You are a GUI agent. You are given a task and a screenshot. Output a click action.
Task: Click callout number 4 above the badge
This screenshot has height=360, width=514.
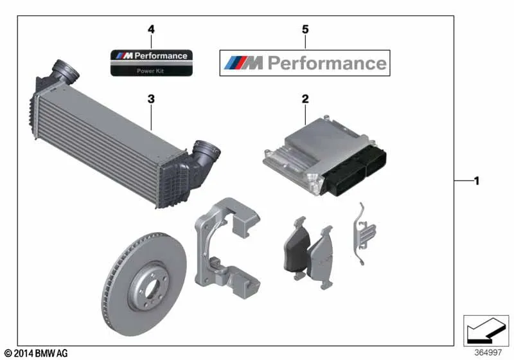pyautogui.click(x=151, y=29)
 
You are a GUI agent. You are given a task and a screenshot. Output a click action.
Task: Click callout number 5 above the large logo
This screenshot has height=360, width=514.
pyautogui.click(x=305, y=29)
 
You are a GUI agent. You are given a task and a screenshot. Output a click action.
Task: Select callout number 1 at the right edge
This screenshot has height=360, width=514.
pyautogui.click(x=476, y=181)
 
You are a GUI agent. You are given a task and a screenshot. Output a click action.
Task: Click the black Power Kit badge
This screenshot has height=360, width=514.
pyautogui.click(x=151, y=62)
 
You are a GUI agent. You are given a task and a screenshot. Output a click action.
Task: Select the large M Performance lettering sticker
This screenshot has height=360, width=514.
pyautogui.click(x=305, y=63)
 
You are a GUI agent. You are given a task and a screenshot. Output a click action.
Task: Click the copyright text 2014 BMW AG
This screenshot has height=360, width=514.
pyautogui.click(x=35, y=353)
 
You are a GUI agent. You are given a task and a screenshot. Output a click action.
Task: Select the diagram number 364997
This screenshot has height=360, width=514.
pyautogui.click(x=488, y=352)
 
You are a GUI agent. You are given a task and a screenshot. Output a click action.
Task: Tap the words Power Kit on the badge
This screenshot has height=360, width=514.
pyautogui.click(x=151, y=70)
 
